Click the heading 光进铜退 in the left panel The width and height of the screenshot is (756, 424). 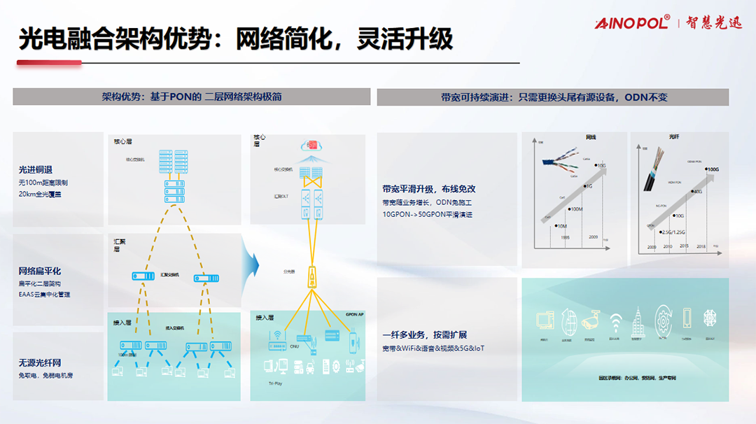point(36,170)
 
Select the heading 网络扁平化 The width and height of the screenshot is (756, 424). point(40,271)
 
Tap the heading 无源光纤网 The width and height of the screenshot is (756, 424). point(40,362)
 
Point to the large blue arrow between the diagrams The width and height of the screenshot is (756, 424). point(250,265)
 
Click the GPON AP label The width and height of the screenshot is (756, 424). point(355,315)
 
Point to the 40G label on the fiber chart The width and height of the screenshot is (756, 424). point(697,192)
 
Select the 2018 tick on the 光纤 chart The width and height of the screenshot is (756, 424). point(700,246)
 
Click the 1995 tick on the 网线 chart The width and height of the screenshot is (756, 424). point(566,237)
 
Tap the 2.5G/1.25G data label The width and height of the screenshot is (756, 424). point(672,232)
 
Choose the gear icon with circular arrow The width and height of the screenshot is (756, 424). point(662,320)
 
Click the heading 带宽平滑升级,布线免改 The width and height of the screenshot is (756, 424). point(429,189)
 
